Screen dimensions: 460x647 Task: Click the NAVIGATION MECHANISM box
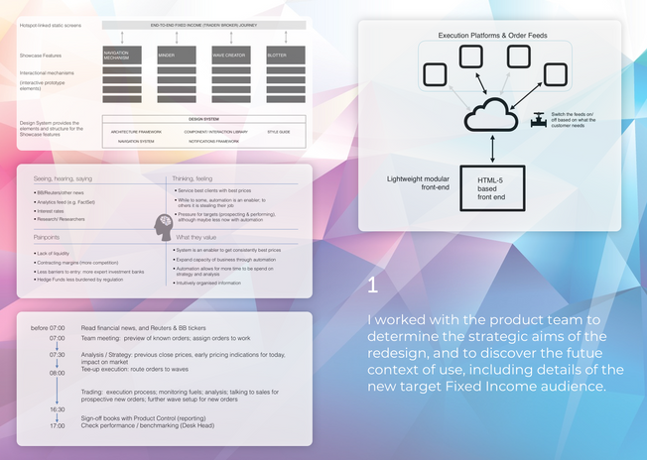(x=122, y=55)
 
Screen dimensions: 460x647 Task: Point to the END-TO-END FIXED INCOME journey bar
(x=202, y=24)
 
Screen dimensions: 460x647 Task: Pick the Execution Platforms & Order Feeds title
(x=491, y=36)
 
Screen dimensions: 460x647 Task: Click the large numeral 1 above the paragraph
(x=372, y=285)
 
